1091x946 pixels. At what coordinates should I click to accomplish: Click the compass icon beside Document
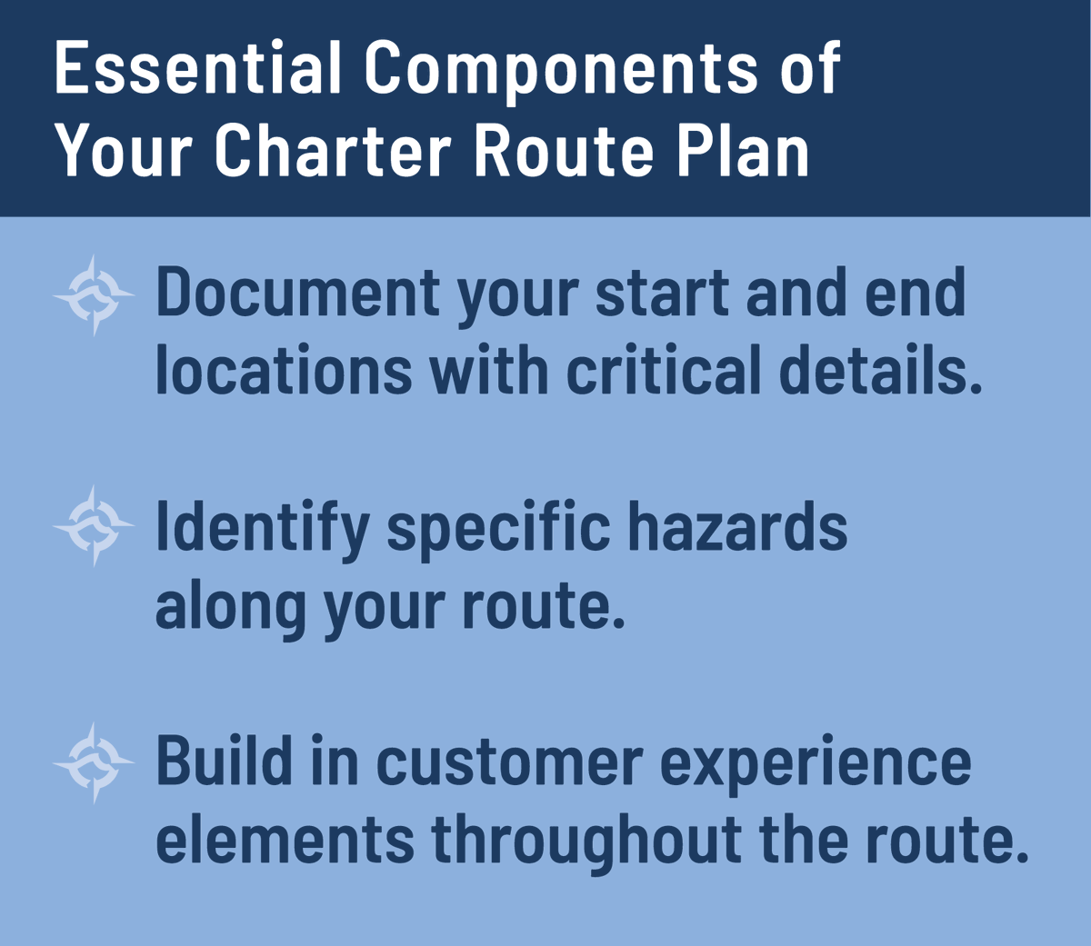tap(95, 295)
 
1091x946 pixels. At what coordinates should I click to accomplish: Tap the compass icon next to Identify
tap(95, 526)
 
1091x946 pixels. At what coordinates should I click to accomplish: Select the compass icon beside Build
tap(95, 762)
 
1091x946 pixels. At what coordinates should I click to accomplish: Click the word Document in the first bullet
tap(298, 293)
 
